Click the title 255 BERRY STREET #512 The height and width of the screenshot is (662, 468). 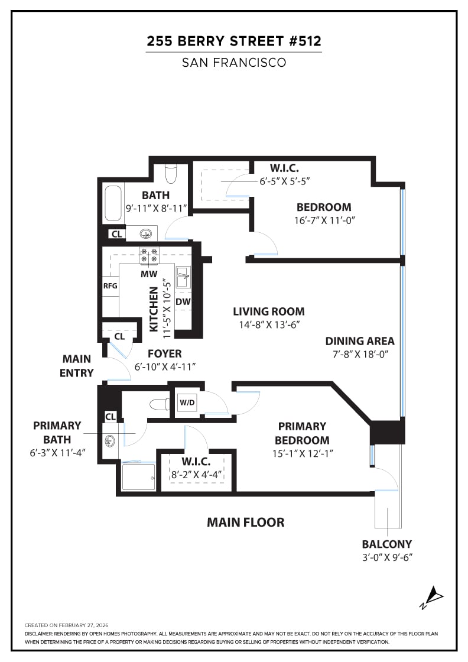coord(234,41)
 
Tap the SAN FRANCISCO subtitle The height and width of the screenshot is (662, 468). coord(234,62)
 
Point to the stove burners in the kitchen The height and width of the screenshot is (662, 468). coord(148,255)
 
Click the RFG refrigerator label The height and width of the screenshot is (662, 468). coord(110,286)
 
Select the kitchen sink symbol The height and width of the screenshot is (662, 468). coord(183,276)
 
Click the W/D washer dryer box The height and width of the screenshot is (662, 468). coord(186,403)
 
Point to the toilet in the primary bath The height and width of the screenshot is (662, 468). coord(159,405)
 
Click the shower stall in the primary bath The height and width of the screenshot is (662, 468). coord(138,476)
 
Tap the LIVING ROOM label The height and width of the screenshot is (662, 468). coord(268,311)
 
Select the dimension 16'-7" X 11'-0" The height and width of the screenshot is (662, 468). coord(324,220)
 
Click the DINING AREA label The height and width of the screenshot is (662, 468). coord(359,341)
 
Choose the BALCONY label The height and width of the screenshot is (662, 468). coord(387,544)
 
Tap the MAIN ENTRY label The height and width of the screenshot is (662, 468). coord(77,366)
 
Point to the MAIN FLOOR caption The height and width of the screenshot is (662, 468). coord(245,523)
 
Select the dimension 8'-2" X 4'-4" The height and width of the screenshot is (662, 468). coord(196,474)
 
